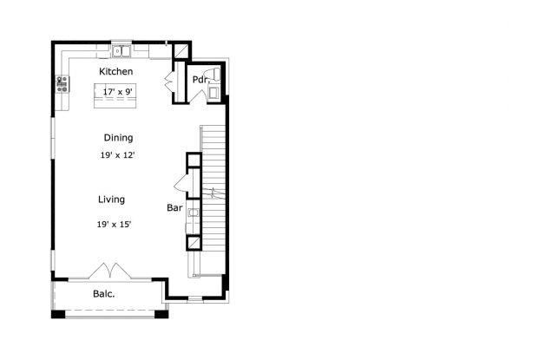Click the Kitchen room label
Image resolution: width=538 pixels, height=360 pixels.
[115, 71]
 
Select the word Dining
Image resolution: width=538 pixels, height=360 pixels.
[118, 138]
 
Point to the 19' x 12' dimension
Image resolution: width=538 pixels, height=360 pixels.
[117, 155]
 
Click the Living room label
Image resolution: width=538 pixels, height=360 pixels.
[111, 200]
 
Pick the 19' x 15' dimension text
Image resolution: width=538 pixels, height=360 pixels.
[114, 224]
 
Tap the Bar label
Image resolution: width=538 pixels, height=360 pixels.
[174, 208]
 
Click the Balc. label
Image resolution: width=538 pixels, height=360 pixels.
[104, 294]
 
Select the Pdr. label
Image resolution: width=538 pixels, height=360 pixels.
[200, 81]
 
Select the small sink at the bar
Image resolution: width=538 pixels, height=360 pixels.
[194, 211]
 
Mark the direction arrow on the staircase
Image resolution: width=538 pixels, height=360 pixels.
[212, 193]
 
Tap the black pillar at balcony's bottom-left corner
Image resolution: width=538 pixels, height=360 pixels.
[57, 312]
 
